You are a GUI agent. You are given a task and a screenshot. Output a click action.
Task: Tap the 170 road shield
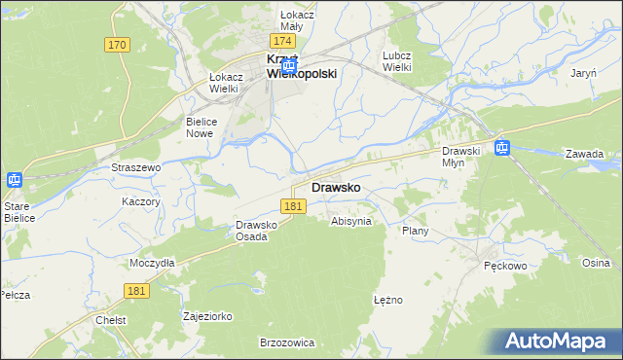(118, 45)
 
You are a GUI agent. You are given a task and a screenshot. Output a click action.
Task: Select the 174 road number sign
(283, 42)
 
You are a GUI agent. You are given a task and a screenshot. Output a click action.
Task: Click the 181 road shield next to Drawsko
(295, 206)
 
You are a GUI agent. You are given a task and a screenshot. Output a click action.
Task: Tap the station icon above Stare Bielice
(15, 180)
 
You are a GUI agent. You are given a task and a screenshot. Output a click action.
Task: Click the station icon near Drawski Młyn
(501, 148)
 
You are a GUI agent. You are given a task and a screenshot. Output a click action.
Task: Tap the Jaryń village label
(584, 74)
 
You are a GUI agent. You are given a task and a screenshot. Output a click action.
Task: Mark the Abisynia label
(351, 221)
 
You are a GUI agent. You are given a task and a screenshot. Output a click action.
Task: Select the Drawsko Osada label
(258, 231)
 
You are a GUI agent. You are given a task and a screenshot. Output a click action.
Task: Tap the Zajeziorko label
(207, 316)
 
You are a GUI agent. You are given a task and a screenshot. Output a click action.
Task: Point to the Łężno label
(387, 300)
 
